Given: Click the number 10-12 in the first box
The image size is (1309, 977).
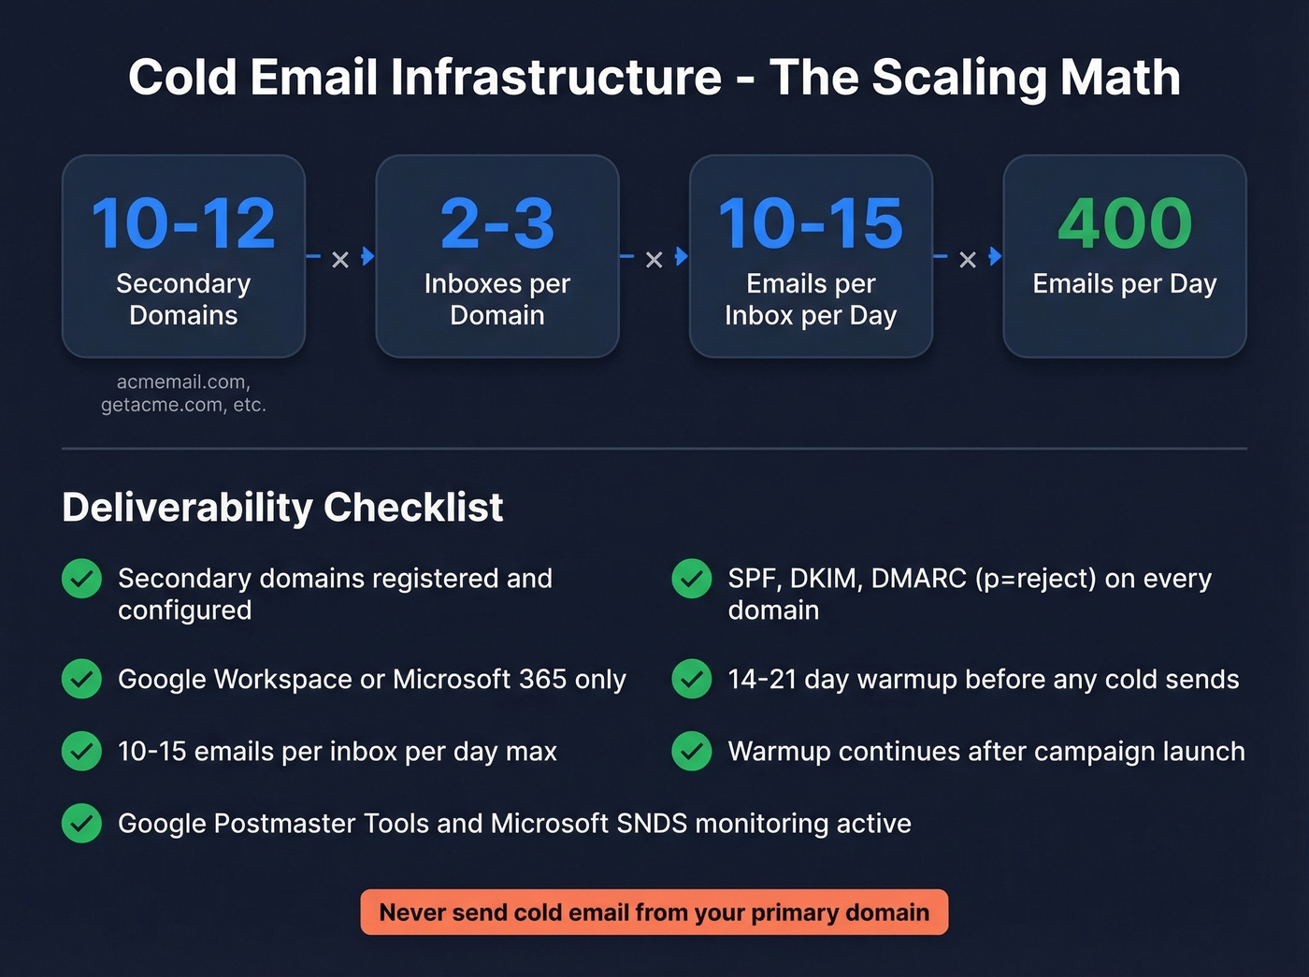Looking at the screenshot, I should [x=183, y=224].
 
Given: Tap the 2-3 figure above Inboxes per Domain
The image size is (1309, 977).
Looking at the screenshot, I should [x=497, y=224].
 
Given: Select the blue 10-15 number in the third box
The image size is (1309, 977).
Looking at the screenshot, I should [x=811, y=224].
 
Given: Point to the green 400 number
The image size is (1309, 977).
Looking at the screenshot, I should [x=1125, y=224].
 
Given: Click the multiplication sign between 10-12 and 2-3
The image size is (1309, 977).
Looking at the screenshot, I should [x=340, y=260].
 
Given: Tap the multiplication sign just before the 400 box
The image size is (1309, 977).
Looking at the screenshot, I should [x=968, y=260].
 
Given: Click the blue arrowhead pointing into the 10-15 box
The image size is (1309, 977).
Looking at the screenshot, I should [x=682, y=256].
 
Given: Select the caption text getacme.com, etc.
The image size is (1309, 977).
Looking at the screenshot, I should [x=183, y=405].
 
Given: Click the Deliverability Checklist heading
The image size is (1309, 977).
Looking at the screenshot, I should [x=282, y=508].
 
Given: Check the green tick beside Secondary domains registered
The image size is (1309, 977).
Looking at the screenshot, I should [x=81, y=579].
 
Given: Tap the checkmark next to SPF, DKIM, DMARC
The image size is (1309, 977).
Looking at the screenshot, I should [x=692, y=579].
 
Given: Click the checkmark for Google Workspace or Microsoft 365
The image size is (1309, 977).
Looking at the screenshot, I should [x=81, y=679].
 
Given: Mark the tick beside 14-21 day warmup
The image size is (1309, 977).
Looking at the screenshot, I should [x=692, y=679].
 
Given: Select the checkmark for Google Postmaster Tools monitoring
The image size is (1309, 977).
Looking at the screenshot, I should [x=81, y=824].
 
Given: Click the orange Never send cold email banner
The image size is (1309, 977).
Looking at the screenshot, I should [x=654, y=912].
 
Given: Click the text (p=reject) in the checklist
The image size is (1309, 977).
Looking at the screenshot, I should [x=1035, y=579].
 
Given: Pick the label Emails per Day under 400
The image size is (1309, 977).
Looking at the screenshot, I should [x=1125, y=283].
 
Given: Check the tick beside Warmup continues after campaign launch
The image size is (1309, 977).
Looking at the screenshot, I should [x=692, y=752].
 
